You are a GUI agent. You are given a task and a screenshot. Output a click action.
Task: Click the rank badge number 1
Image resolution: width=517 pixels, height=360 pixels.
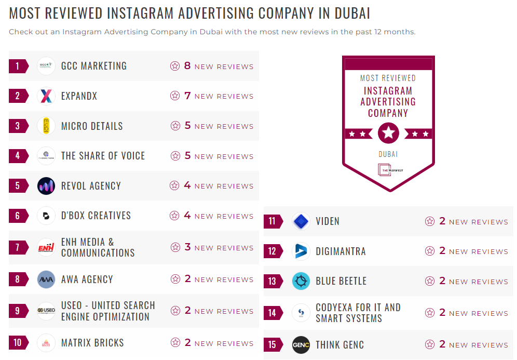tap(18, 66)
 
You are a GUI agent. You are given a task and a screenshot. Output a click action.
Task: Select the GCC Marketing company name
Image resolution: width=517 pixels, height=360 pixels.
tap(93, 66)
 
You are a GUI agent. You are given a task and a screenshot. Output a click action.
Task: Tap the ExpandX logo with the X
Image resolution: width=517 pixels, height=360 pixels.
tap(46, 96)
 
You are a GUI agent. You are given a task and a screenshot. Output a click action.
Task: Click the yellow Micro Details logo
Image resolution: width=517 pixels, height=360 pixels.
tap(46, 126)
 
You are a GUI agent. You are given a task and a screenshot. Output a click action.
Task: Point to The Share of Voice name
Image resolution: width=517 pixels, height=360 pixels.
tap(103, 156)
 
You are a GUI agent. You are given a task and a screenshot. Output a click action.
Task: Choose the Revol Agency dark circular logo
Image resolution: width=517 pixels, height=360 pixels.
tap(46, 186)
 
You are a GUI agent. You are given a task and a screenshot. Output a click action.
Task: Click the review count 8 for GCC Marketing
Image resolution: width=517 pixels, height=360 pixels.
tap(187, 66)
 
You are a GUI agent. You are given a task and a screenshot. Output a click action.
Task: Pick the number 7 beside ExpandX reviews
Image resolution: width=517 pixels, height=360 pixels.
tap(187, 96)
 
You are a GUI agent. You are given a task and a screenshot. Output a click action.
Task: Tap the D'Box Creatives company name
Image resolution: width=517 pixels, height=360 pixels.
tap(96, 216)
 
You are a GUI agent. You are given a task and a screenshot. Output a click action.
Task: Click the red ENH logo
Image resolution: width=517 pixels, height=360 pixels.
tap(46, 247)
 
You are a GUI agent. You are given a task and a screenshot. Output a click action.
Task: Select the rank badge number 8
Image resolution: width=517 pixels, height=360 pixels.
tap(18, 279)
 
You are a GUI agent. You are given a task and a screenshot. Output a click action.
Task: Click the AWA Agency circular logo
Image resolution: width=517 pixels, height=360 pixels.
tap(46, 279)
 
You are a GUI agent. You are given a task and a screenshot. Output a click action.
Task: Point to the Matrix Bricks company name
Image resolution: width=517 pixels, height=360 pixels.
tap(92, 343)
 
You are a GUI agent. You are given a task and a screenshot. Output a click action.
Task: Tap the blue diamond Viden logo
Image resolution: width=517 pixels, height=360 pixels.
tap(301, 222)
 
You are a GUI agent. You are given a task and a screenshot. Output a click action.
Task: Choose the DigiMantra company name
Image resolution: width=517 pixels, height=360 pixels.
tap(341, 251)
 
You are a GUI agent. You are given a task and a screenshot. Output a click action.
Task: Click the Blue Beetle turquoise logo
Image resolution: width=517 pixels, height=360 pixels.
tap(301, 281)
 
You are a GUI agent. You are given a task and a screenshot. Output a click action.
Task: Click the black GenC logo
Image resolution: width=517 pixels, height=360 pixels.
tap(301, 345)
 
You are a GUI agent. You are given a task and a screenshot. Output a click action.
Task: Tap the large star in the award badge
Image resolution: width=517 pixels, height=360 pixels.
tap(388, 134)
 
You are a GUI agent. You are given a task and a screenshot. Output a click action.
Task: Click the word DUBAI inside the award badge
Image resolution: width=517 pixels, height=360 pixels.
tap(388, 154)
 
